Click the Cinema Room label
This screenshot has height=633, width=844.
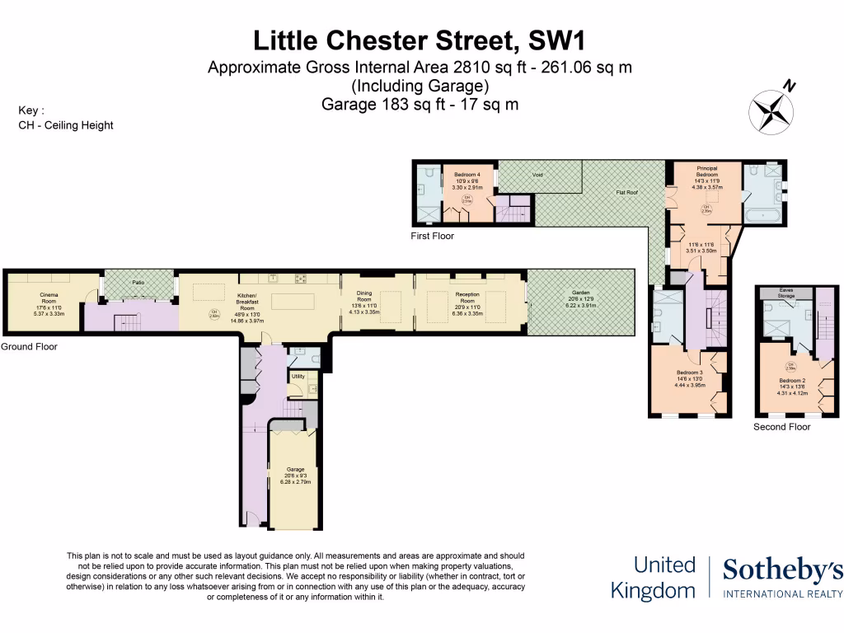tap(49, 295)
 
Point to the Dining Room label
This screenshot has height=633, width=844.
tap(364, 297)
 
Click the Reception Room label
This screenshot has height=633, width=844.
tap(467, 295)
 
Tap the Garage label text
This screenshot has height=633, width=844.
tap(294, 470)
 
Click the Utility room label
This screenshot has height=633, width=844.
tap(298, 376)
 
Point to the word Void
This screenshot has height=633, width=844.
tap(537, 175)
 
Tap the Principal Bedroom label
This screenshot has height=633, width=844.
tap(706, 171)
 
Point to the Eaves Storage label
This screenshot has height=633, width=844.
tap(785, 293)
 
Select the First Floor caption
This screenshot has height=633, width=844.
tap(432, 236)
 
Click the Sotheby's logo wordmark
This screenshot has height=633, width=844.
tap(782, 570)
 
